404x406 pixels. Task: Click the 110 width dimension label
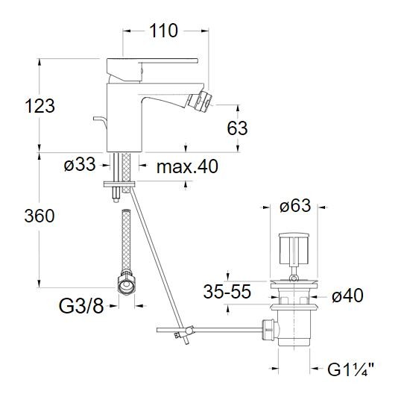point(164,31)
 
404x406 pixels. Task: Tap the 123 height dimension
point(40,106)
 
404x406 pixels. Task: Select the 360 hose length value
point(40,216)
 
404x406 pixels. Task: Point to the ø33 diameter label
point(80,164)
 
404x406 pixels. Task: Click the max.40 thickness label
point(187,166)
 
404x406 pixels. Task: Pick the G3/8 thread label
point(81,306)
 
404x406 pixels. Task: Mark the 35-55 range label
point(227,292)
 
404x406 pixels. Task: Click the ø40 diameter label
point(348,296)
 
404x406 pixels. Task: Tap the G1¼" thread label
point(351,369)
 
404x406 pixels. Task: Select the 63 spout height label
point(237,128)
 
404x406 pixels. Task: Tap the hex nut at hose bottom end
point(126,284)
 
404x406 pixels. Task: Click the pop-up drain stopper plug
point(294,248)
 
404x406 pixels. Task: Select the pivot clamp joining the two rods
point(189,331)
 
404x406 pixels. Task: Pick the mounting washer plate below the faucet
point(119,184)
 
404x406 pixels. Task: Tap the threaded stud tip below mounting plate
point(116,200)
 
